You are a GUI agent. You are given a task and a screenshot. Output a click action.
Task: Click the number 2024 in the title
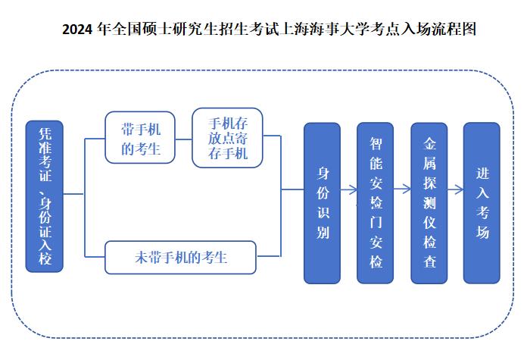pyautogui.click(x=77, y=30)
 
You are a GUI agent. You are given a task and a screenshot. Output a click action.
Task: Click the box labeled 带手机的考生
pyautogui.click(x=140, y=137)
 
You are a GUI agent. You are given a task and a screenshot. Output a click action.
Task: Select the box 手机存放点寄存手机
pyautogui.click(x=227, y=138)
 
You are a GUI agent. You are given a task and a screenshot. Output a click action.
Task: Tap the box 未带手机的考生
pyautogui.click(x=180, y=258)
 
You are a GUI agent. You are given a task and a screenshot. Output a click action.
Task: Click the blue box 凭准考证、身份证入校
pyautogui.click(x=45, y=196)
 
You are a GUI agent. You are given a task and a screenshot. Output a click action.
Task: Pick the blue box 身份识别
pyautogui.click(x=322, y=203)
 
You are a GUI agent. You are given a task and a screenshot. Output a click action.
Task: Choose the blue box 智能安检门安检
pyautogui.click(x=375, y=203)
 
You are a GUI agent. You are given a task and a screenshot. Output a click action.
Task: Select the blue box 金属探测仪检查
pyautogui.click(x=429, y=203)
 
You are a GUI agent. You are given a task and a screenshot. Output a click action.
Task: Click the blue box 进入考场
pyautogui.click(x=482, y=203)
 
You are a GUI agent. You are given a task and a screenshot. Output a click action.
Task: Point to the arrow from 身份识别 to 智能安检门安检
pyautogui.click(x=349, y=189)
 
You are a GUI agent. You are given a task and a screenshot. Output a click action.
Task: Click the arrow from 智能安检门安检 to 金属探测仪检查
pyautogui.click(x=402, y=189)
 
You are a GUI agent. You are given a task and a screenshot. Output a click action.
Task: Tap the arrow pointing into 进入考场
pyautogui.click(x=455, y=189)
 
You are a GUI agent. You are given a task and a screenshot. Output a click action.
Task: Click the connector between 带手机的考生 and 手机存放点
pyautogui.click(x=183, y=139)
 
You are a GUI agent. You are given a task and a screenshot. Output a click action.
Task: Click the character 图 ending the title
pyautogui.click(x=469, y=29)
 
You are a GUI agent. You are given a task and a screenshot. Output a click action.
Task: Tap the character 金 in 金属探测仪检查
pyautogui.click(x=429, y=144)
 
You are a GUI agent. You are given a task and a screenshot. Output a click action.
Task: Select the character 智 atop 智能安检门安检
pyautogui.click(x=376, y=144)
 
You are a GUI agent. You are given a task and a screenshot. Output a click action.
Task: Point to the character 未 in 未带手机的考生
pyautogui.click(x=142, y=258)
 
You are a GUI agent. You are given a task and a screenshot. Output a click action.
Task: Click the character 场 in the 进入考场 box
pyautogui.click(x=482, y=232)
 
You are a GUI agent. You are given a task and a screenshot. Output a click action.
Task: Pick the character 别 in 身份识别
pyautogui.click(x=323, y=232)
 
